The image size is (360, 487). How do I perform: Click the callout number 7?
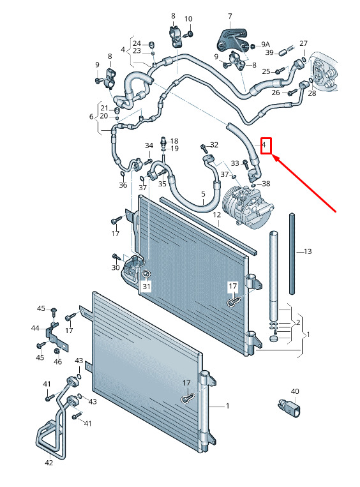[x=230, y=16]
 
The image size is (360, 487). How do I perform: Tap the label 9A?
[x=266, y=45]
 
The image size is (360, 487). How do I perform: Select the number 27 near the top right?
[x=303, y=43]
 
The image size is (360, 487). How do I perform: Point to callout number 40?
[x=295, y=391]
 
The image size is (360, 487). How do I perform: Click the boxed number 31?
[x=146, y=286]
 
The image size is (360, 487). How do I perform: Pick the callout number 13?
[x=308, y=251]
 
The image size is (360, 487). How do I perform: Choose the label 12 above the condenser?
[x=217, y=214]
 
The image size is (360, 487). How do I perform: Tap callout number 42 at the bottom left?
[x=49, y=463]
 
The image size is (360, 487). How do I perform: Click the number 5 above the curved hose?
[x=203, y=194]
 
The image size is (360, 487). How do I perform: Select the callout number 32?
[x=214, y=145]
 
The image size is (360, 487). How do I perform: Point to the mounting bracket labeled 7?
[x=232, y=40]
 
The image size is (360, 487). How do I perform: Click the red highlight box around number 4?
[x=266, y=146]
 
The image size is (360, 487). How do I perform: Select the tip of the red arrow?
[x=273, y=155]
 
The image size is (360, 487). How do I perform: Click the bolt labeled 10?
[x=190, y=33]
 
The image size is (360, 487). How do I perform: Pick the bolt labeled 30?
[x=116, y=257]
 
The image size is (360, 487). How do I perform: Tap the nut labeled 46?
[x=57, y=351]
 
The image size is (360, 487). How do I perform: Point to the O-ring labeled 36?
[x=123, y=174]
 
